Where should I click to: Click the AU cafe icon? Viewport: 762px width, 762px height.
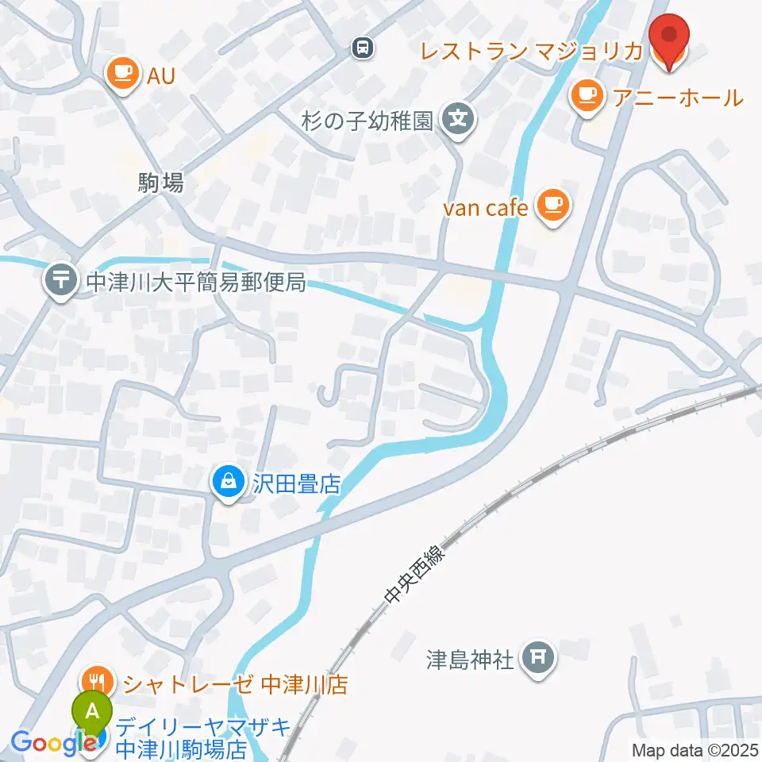(x=121, y=75)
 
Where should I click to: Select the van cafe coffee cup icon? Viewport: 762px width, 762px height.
(x=552, y=206)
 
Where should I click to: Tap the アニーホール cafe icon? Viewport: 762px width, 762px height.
(x=587, y=97)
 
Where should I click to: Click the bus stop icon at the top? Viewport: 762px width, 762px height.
(x=363, y=49)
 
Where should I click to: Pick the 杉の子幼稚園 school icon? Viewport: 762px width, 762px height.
(x=458, y=121)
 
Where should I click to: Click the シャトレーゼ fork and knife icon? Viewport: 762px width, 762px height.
(x=99, y=683)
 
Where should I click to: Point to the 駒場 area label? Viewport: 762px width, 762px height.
(x=160, y=183)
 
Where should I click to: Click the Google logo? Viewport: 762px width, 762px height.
(x=48, y=743)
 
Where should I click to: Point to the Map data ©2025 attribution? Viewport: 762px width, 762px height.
(x=695, y=749)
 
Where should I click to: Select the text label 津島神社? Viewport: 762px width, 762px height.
(x=470, y=659)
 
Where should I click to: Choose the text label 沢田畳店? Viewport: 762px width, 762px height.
(x=295, y=483)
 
